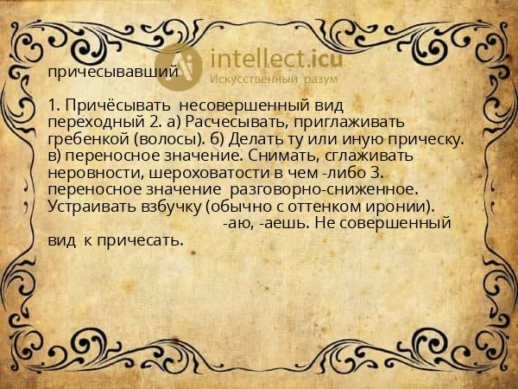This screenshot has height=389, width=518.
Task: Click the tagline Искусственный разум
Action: coord(273,80)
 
